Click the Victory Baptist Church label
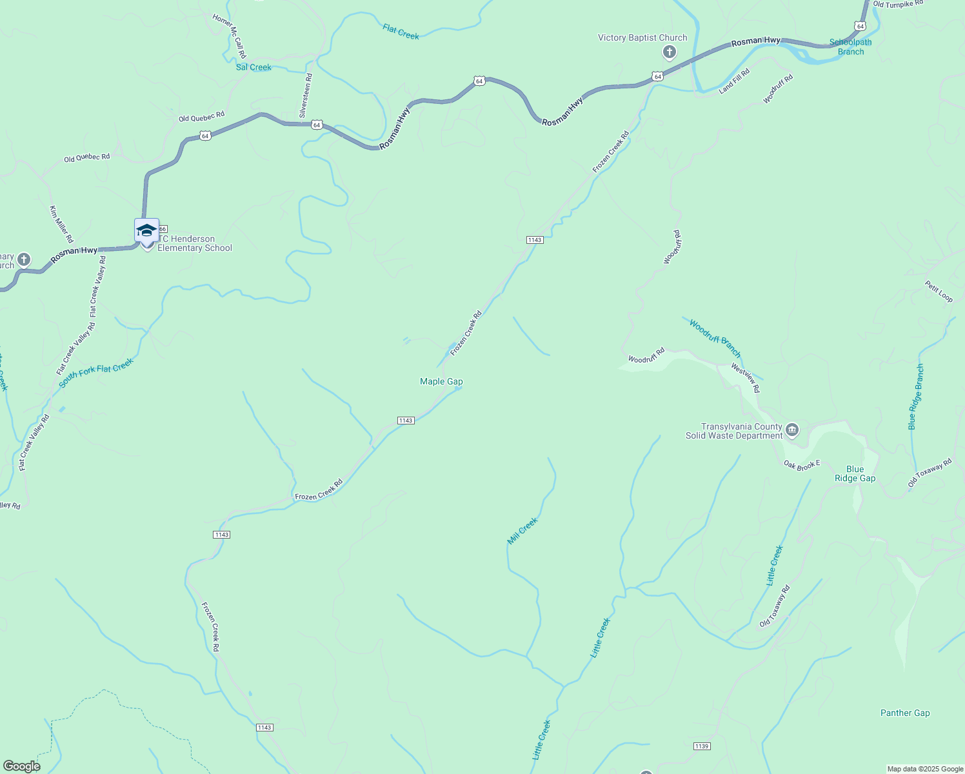642,37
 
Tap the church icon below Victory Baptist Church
670,52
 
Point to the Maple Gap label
441,381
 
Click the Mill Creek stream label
522,531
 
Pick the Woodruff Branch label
715,337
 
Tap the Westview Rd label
746,378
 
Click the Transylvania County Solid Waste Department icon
793,430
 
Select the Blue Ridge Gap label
855,473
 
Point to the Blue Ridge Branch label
916,397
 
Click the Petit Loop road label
939,291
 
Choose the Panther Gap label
905,713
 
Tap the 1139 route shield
702,746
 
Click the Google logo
21,766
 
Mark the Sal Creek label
254,67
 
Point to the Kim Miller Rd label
61,224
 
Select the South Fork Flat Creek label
95,373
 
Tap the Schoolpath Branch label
850,47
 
